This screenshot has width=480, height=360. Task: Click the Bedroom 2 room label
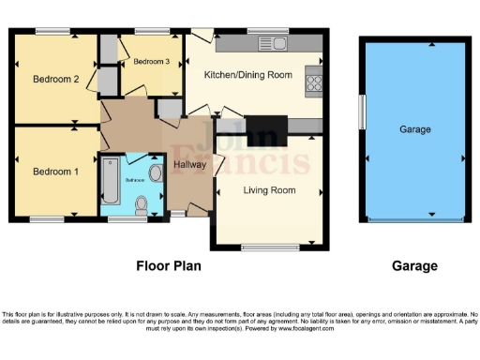coord(55,79)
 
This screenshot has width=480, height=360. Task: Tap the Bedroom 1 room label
coord(55,172)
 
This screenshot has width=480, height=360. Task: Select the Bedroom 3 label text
coord(151,62)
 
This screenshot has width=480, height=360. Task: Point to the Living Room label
coord(270,190)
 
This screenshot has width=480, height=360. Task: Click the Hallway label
coord(190,165)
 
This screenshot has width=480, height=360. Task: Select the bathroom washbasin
coord(154,172)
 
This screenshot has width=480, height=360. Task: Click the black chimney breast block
coord(265,126)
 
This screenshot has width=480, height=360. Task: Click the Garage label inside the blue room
coord(414,129)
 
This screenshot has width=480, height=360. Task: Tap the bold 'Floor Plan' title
coord(169,266)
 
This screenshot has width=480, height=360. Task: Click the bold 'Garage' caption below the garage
coord(413,266)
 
